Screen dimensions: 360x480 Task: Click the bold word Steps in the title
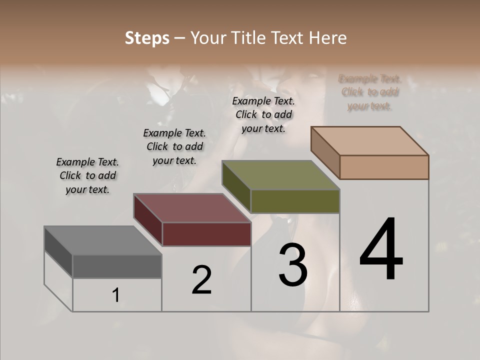pyautogui.click(x=147, y=38)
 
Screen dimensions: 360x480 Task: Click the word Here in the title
pyautogui.click(x=327, y=38)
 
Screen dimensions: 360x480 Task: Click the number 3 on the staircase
pyautogui.click(x=293, y=264)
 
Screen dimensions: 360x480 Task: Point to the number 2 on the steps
pyautogui.click(x=201, y=279)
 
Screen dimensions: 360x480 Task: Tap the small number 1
pyautogui.click(x=116, y=295)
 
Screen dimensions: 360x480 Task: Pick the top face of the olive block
pyautogui.click(x=280, y=175)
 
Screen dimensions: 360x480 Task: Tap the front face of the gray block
pyautogui.click(x=117, y=266)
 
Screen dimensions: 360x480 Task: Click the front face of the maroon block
pyautogui.click(x=206, y=234)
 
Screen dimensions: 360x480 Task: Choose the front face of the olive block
pyautogui.click(x=295, y=201)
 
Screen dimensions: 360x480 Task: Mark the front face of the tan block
pyautogui.click(x=384, y=167)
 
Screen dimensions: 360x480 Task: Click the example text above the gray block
pyautogui.click(x=87, y=175)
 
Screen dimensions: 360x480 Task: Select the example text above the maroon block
pyautogui.click(x=174, y=146)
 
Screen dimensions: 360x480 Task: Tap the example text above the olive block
pyautogui.click(x=263, y=114)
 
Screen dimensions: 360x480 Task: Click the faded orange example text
pyautogui.click(x=370, y=92)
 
